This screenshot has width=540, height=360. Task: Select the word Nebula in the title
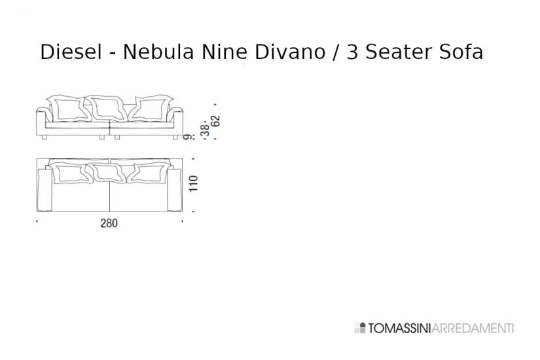click(x=151, y=52)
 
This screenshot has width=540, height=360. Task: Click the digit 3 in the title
click(x=353, y=52)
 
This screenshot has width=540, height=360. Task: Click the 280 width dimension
click(x=109, y=223)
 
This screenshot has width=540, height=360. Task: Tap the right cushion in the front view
click(x=151, y=107)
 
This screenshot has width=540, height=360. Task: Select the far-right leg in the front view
click(x=175, y=138)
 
